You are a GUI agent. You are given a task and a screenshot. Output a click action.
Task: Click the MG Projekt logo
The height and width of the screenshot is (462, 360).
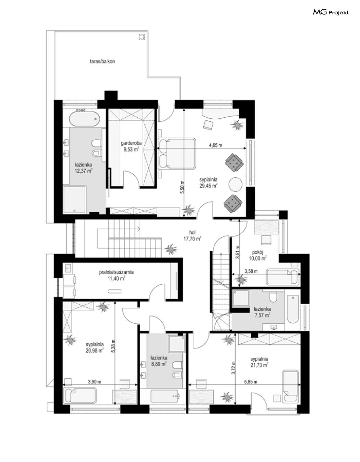pyautogui.click(x=331, y=12)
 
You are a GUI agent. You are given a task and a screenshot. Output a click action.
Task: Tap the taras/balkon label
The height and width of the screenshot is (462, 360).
pyautogui.click(x=103, y=61)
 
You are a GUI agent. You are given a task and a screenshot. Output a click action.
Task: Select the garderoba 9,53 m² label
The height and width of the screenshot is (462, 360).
pyautogui.click(x=131, y=146)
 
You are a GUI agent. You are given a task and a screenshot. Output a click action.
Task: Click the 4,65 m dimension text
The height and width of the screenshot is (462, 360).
pyautogui.click(x=216, y=145)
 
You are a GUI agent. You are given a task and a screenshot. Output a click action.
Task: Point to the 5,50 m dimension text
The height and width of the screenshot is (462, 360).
pyautogui.click(x=182, y=187)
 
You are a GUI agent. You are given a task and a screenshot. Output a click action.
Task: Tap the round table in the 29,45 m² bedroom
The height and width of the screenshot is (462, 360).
pyautogui.click(x=236, y=184)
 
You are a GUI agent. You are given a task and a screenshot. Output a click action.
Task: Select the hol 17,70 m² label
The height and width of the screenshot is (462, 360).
pyautogui.click(x=192, y=236)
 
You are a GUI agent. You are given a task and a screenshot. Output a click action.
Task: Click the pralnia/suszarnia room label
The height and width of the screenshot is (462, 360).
pyautogui.click(x=116, y=275)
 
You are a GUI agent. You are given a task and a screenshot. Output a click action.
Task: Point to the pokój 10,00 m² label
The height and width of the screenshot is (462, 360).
pyautogui.click(x=257, y=255)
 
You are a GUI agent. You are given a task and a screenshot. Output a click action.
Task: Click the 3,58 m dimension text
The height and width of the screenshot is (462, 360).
pyautogui.click(x=251, y=271)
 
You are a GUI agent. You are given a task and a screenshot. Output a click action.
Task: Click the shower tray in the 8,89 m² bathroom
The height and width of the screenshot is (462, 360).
pyautogui.click(x=176, y=344)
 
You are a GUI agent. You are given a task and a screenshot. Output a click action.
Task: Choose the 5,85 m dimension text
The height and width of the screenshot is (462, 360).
pyautogui.click(x=251, y=382)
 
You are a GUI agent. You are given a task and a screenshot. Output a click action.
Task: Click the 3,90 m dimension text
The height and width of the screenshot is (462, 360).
pyautogui.click(x=95, y=382)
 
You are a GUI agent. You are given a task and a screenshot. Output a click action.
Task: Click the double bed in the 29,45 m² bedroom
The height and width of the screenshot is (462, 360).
pyautogui.click(x=177, y=154)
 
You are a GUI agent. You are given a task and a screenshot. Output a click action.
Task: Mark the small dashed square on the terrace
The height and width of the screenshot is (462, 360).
pyautogui.click(x=142, y=37)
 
